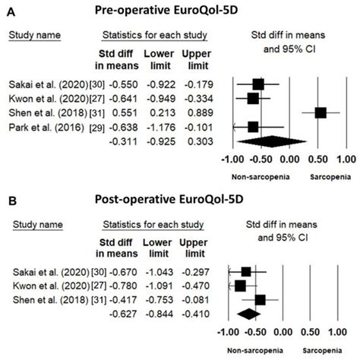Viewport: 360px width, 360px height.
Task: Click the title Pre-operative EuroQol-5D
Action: pyautogui.click(x=179, y=11)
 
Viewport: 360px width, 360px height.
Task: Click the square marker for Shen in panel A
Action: pyautogui.click(x=321, y=112)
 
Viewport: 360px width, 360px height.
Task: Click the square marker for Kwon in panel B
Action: pyautogui.click(x=242, y=286)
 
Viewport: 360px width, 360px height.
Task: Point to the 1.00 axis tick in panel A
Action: pyautogui.click(x=346, y=161)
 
